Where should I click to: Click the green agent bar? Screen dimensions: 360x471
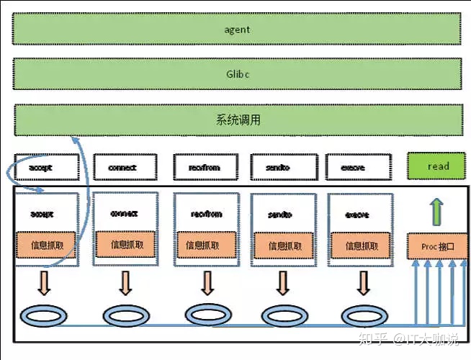[x=237, y=30]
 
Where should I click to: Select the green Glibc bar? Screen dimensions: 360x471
[x=237, y=74]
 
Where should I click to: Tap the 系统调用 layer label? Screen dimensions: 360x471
[x=238, y=120]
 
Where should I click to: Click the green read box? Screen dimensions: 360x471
[x=438, y=166]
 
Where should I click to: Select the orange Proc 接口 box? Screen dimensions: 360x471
[x=438, y=246]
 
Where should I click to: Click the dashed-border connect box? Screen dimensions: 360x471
[x=122, y=168]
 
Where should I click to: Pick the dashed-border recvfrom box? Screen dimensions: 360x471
[x=205, y=168]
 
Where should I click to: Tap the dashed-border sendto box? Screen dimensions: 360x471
[x=279, y=168]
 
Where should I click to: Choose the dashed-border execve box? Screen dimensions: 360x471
[x=354, y=168]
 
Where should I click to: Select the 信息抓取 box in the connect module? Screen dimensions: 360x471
[x=127, y=245]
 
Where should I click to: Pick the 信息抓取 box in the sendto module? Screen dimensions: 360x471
[x=282, y=246]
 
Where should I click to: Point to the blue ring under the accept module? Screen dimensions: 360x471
[x=45, y=315]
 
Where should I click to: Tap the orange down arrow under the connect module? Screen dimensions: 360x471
[x=126, y=282]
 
